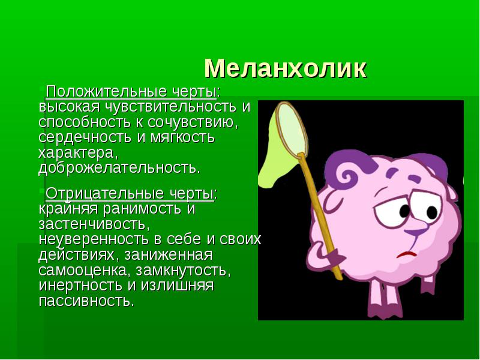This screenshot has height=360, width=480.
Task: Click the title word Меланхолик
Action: point(286,68)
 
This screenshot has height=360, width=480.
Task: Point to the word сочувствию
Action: point(193,122)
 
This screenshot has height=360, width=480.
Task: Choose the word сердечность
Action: point(85,137)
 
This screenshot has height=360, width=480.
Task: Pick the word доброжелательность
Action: point(119,168)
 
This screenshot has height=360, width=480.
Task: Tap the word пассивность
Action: point(86,301)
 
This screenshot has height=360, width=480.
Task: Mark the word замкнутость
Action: point(184,271)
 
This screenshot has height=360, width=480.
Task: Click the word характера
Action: point(78,153)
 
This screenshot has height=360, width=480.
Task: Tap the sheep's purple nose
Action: point(416,232)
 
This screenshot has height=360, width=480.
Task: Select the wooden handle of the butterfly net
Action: point(320,216)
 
